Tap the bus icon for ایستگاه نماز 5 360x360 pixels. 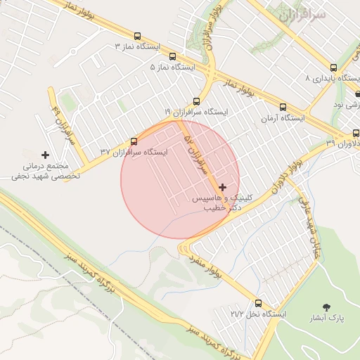[x=172, y=56]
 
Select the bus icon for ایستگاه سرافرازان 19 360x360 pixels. [x=196, y=101]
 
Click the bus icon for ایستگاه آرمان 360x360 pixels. [x=283, y=108]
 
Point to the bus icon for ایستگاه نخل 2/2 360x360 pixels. [x=259, y=302]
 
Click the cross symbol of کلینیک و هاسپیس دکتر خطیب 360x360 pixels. [x=223, y=187]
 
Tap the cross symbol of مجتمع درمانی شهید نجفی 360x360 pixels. [x=46, y=155]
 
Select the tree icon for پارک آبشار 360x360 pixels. [x=327, y=307]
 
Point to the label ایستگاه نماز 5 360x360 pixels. [x=172, y=67]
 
